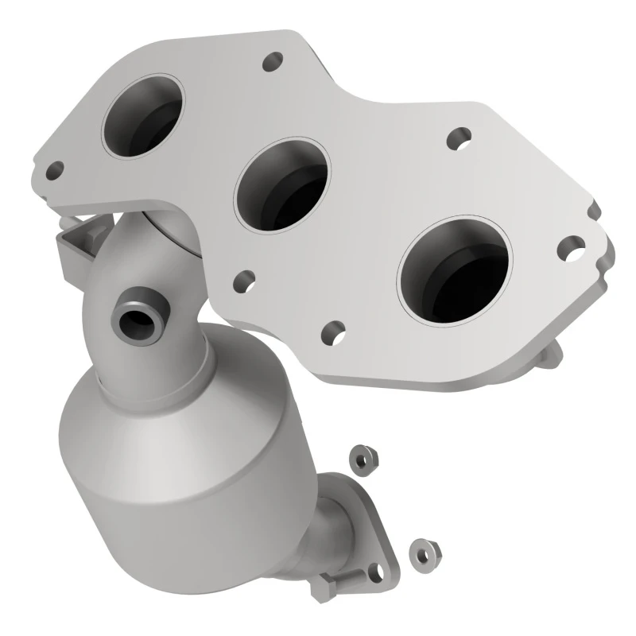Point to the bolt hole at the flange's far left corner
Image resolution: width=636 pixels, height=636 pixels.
pos(55,169)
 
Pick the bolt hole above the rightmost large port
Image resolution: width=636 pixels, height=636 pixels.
pos(457,138)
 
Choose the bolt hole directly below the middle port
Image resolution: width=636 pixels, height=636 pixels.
pos(245,280)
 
